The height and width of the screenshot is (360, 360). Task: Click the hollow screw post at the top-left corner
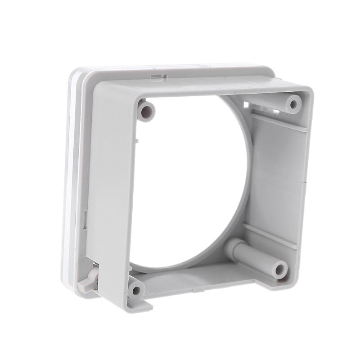click(145, 109)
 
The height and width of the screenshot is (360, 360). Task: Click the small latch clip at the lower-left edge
click(90, 281)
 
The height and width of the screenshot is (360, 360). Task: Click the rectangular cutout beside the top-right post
click(246, 104)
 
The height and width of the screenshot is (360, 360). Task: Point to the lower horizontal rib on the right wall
click(270, 234)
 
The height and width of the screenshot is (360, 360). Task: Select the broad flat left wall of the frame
click(110, 189)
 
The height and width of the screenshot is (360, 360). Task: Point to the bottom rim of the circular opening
click(189, 265)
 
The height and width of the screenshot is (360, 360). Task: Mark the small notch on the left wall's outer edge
click(85, 220)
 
